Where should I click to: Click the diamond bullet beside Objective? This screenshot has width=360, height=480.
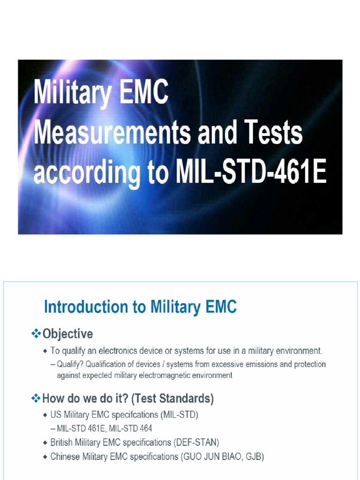36,334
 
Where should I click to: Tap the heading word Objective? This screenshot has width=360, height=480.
67,334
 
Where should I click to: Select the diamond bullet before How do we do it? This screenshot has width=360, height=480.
36,398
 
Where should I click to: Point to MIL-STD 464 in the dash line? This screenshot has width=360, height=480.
131,428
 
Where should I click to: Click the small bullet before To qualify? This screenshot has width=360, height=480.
45,351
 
